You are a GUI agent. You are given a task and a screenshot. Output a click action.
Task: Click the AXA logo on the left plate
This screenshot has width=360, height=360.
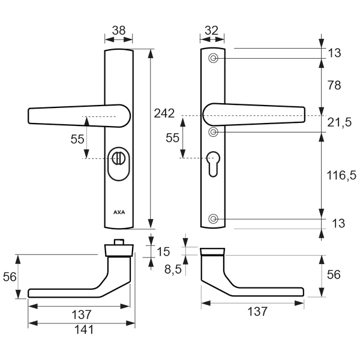tap(119, 212)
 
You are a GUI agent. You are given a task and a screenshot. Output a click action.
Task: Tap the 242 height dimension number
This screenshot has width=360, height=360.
tap(164, 113)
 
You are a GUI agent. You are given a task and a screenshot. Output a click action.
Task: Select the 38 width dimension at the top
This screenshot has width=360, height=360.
tap(119, 31)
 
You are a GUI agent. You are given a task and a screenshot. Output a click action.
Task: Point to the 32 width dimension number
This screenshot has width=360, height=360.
tap(211, 31)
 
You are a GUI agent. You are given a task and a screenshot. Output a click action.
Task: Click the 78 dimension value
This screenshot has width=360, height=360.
tap(334, 85)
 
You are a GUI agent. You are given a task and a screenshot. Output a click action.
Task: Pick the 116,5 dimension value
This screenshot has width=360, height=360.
tap(341, 175)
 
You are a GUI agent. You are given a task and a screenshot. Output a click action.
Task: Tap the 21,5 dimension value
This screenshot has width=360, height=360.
tap(340, 122)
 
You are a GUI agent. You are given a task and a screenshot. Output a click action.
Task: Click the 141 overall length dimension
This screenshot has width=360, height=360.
tap(84, 329)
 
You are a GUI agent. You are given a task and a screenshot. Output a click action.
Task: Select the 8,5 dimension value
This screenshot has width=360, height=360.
tap(173, 269)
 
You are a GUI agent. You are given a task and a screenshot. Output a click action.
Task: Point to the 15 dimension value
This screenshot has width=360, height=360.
tap(163, 251)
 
